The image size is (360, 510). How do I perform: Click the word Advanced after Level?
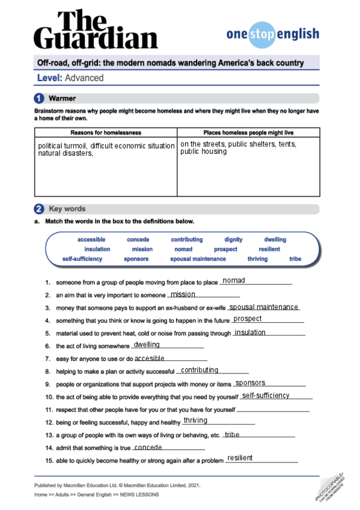tap(84, 78)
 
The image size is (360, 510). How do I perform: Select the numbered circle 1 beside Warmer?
tap(39, 98)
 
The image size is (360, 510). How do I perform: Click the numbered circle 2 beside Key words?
tap(39, 209)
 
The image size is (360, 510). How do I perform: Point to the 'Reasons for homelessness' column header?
tap(106, 133)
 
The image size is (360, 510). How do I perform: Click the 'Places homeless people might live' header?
tap(248, 133)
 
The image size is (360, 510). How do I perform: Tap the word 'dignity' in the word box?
tap(233, 239)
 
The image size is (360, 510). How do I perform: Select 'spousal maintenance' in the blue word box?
tap(198, 259)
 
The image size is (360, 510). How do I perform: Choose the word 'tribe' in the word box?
tap(295, 259)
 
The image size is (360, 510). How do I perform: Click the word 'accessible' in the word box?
tap(91, 239)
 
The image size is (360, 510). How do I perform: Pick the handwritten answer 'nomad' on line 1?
tap(234, 280)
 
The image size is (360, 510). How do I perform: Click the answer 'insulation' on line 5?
tap(250, 332)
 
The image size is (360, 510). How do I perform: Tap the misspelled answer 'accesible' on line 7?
tap(150, 358)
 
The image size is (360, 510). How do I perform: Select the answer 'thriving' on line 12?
tap(195, 420)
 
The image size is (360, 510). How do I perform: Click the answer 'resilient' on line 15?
tap(240, 458)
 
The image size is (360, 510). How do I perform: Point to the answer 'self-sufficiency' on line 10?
tap(266, 395)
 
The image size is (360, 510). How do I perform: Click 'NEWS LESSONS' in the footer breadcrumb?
tap(139, 494)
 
